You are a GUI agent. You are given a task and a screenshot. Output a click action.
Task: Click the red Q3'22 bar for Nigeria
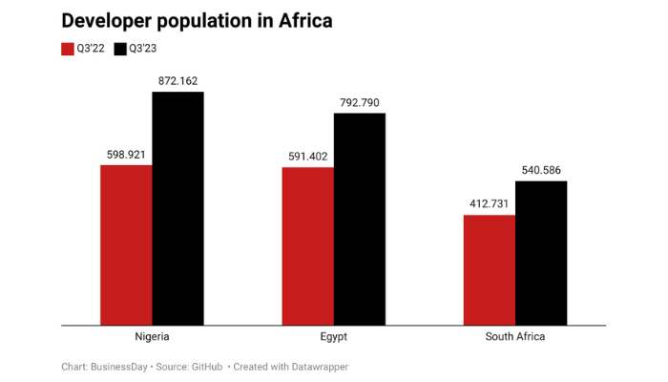tap(127, 244)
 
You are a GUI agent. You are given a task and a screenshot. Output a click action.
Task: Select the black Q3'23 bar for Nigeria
tap(178, 208)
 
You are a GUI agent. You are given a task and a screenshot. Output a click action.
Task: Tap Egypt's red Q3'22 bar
tap(307, 245)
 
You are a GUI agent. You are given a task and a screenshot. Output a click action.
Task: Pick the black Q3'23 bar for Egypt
tap(360, 219)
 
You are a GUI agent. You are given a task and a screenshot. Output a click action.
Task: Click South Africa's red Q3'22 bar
tap(490, 269)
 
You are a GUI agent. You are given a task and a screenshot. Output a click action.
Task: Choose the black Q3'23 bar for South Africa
tap(541, 252)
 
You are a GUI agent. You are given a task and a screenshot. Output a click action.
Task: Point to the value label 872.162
tap(178, 81)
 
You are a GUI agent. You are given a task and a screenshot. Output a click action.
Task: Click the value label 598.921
tap(127, 154)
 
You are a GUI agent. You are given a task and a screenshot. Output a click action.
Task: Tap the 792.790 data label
tap(360, 102)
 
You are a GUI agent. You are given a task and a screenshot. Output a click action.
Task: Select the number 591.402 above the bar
tap(307, 156)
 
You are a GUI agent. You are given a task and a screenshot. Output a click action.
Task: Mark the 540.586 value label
tap(541, 170)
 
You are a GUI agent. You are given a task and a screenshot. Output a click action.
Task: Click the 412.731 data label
tap(490, 203)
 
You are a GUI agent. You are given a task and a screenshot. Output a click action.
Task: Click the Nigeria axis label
tap(153, 337)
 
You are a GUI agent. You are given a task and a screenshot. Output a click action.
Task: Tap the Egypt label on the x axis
tap(333, 337)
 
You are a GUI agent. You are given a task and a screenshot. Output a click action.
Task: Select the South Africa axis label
tap(515, 337)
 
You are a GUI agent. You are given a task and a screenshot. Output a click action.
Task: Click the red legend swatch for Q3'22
tap(68, 49)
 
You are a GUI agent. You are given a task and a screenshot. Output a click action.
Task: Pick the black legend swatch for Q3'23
tap(120, 49)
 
